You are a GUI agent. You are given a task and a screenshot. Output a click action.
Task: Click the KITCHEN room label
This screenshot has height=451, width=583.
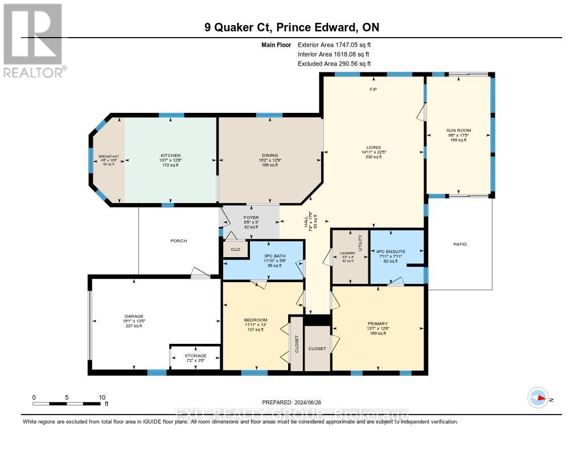[170, 156]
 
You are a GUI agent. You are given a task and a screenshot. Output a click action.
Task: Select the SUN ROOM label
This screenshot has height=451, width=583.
[458, 131]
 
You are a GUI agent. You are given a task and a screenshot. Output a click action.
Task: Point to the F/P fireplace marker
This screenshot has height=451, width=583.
[373, 90]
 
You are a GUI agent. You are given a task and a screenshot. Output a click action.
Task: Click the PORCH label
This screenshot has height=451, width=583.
[179, 241]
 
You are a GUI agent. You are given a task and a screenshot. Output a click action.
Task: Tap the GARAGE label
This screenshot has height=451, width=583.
[134, 316]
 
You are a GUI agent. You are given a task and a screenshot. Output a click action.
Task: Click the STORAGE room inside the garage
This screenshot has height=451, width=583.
[195, 356]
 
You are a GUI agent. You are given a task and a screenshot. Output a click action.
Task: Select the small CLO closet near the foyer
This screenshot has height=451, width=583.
[235, 250]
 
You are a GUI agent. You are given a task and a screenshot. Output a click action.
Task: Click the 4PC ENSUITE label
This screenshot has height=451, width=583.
[391, 251]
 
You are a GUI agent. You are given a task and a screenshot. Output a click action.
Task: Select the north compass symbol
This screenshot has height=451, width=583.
[538, 398]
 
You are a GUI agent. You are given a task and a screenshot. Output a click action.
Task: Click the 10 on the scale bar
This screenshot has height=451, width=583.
[102, 397]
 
